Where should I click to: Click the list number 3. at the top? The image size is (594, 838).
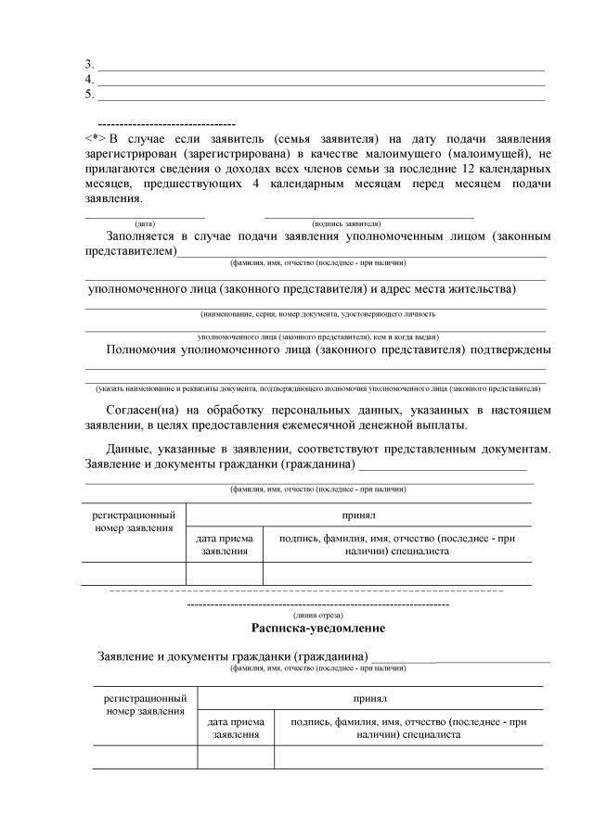89,64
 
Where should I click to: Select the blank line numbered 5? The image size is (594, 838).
320,96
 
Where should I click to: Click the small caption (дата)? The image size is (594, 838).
145,224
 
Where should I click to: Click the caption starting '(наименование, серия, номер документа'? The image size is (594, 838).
316,314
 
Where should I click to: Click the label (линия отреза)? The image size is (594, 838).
317,615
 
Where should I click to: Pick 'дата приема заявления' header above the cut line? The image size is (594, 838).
224,544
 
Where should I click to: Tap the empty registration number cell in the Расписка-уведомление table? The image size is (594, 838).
145,757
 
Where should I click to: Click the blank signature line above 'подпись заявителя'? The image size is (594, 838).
368,216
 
